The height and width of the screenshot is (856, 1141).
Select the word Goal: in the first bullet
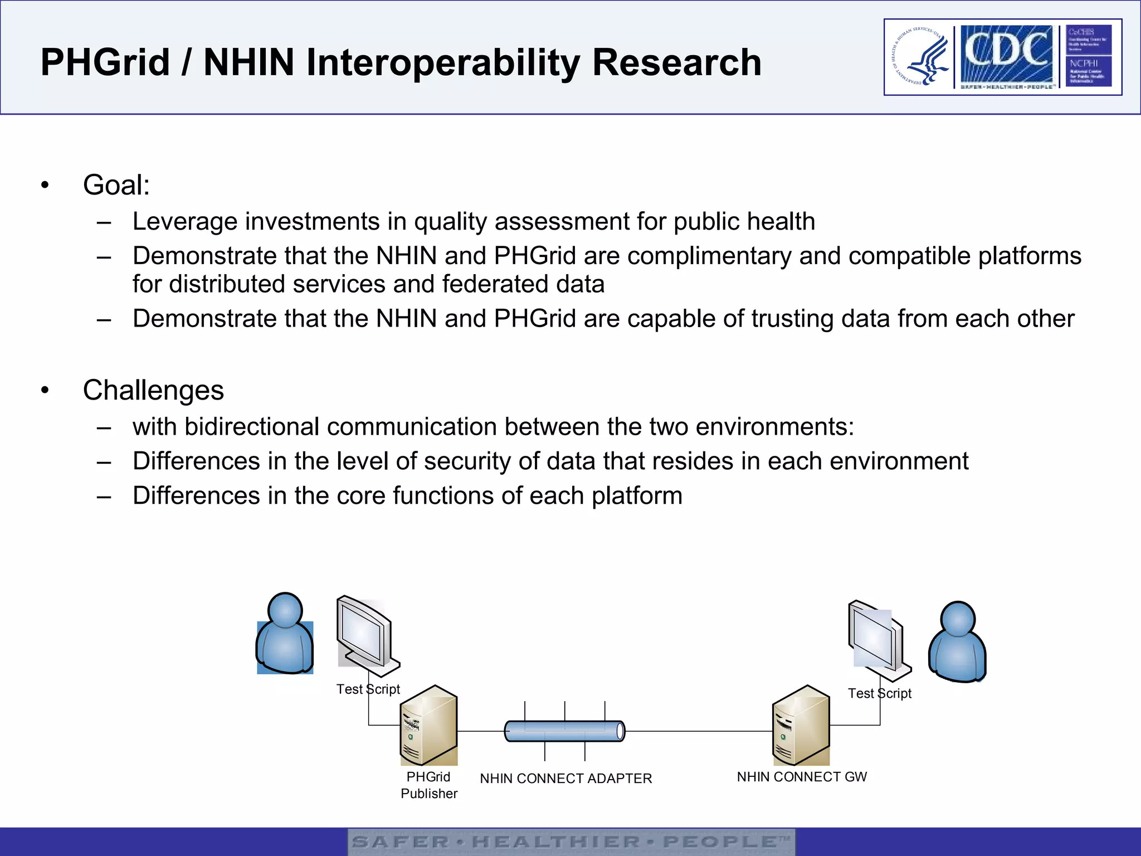pos(116,185)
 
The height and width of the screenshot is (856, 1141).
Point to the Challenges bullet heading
pos(153,390)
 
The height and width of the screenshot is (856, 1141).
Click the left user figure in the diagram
pos(285,634)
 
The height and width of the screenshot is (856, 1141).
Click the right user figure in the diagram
pos(957,642)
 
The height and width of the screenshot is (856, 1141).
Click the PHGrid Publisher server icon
pos(429,726)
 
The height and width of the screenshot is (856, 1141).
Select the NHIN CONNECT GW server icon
pos(801,726)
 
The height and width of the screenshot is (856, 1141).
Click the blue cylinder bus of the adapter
pos(564,731)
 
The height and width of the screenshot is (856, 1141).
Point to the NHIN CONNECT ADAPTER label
pos(565,779)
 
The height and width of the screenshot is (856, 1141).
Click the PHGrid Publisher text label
pos(428,785)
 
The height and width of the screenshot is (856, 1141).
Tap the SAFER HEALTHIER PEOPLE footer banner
pos(571,842)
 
